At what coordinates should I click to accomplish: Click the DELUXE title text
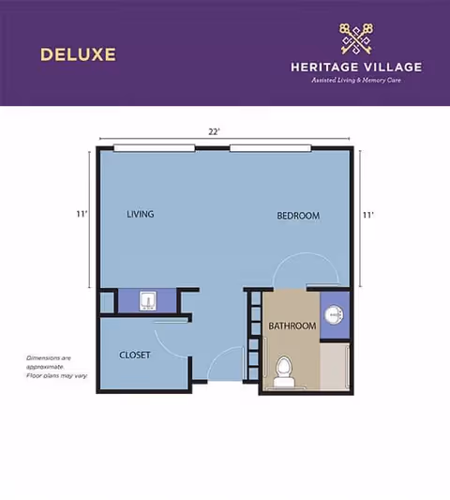pyautogui.click(x=78, y=53)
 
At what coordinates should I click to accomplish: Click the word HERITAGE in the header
pyautogui.click(x=324, y=67)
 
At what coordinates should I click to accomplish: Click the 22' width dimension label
pyautogui.click(x=215, y=131)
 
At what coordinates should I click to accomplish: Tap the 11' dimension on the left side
pyautogui.click(x=82, y=214)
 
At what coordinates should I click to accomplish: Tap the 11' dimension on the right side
pyautogui.click(x=368, y=215)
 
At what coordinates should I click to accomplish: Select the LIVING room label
pyautogui.click(x=140, y=214)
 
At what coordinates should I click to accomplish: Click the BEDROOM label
pyautogui.click(x=298, y=216)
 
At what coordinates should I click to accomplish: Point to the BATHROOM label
pyautogui.click(x=291, y=326)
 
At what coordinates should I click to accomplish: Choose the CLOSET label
pyautogui.click(x=135, y=355)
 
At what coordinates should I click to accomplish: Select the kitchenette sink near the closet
pyautogui.click(x=147, y=300)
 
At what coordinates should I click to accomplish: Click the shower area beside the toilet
pyautogui.click(x=334, y=366)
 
